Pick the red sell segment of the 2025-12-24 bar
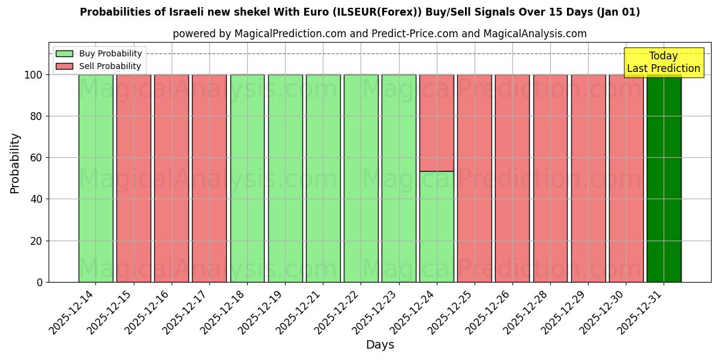point(436,122)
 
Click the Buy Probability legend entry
point(99,53)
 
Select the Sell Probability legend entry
point(99,66)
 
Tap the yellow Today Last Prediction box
point(664,62)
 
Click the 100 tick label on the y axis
point(34,75)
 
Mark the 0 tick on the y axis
point(40,282)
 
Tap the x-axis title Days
point(380,345)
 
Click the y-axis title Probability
point(15,163)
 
